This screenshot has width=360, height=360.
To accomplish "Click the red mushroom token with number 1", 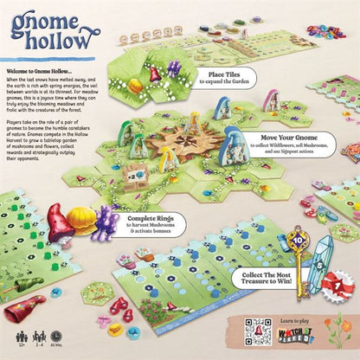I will coord(340,285).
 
